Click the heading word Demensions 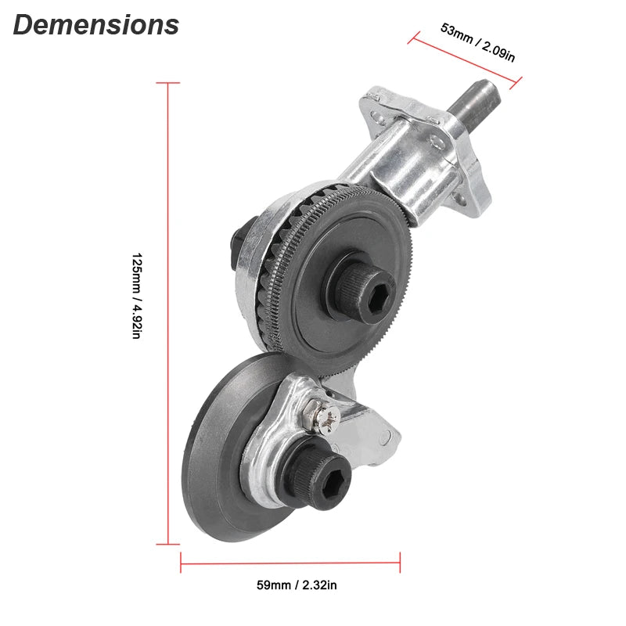[x=95, y=25]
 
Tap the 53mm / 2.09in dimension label [x=477, y=43]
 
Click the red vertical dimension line [x=168, y=313]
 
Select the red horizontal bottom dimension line [x=290, y=561]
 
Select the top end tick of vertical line [x=168, y=83]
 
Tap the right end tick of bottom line [x=400, y=561]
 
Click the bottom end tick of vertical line [x=168, y=544]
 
